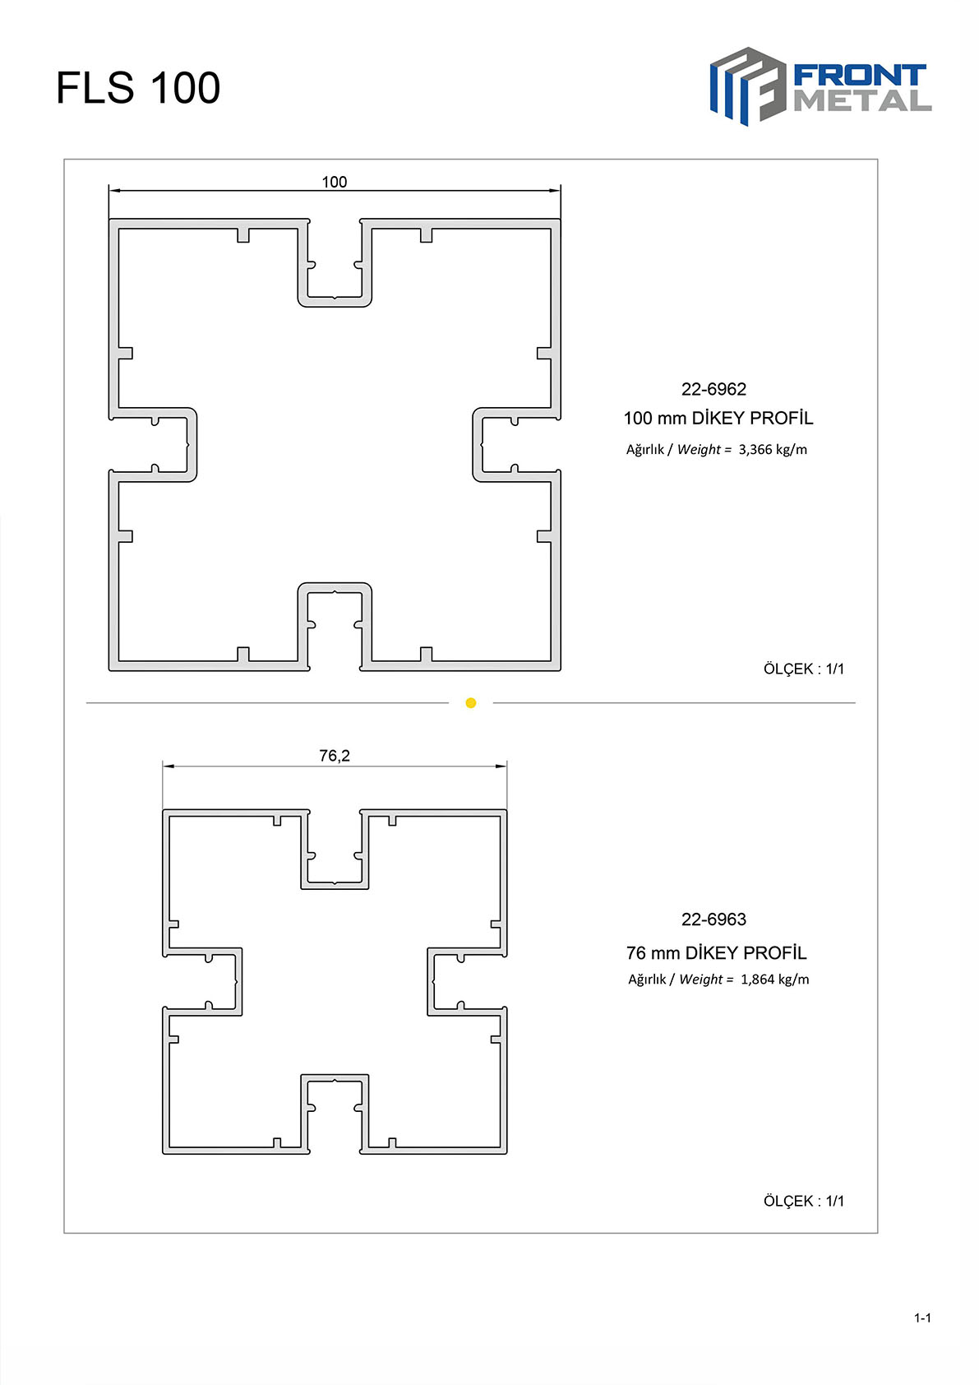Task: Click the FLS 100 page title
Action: (x=138, y=87)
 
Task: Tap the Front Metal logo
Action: (x=821, y=86)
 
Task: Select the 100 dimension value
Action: (x=335, y=182)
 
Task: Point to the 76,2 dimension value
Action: (x=335, y=756)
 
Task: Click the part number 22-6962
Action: (x=713, y=389)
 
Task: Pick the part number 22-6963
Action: (x=713, y=919)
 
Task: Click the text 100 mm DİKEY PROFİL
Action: (x=718, y=418)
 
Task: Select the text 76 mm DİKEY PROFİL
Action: (x=716, y=953)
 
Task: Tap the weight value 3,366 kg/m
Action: (x=773, y=450)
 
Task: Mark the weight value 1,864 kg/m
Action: (x=775, y=980)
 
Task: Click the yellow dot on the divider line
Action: (x=471, y=703)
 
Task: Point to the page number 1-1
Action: (x=923, y=1318)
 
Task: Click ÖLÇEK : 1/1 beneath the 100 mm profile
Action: (x=803, y=669)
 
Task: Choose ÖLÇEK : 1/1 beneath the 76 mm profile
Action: (x=803, y=1202)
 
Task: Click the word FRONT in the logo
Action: (x=860, y=76)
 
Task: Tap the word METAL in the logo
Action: (x=862, y=101)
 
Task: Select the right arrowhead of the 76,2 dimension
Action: (x=501, y=766)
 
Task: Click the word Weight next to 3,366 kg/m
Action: (x=699, y=450)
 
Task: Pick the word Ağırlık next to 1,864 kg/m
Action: (x=646, y=980)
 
